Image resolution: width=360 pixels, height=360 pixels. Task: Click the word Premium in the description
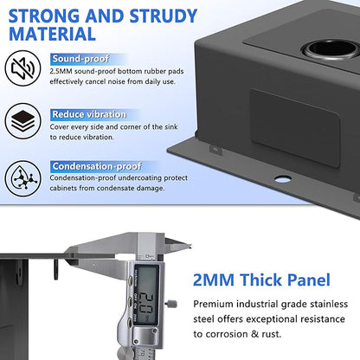tap(212, 305)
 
